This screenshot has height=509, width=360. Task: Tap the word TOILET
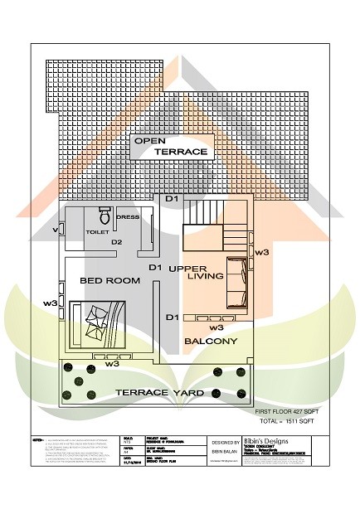97,233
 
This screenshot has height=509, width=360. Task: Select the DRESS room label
128,217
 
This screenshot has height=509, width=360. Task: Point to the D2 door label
117,242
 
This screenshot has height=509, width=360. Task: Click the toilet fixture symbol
105,217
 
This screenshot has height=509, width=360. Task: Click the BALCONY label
211,341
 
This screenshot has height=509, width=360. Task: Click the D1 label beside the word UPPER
154,268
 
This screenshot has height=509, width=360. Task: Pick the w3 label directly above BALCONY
205,327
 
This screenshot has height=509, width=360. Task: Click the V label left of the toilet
55,229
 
